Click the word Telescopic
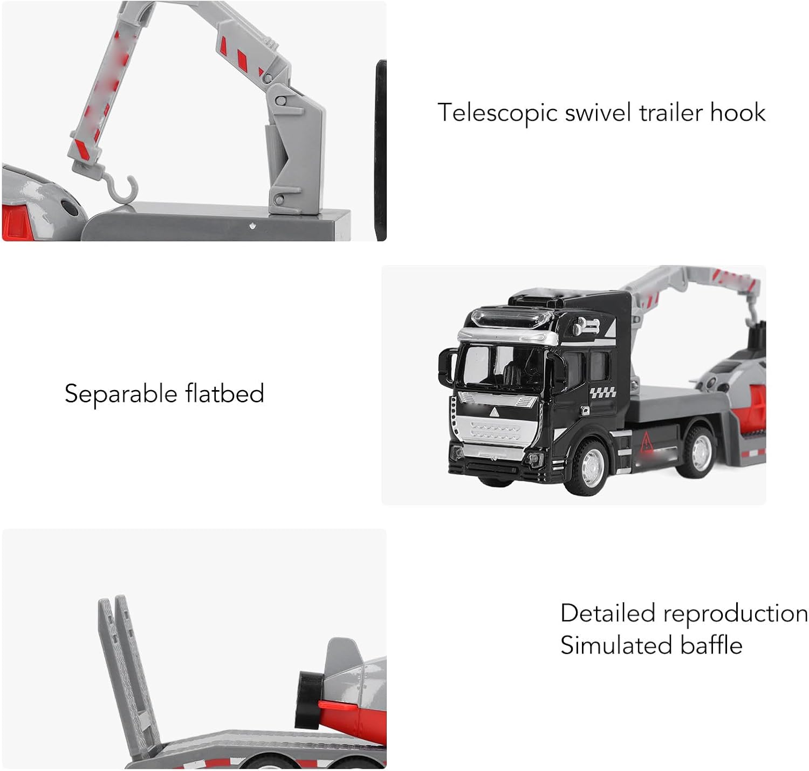point(497,113)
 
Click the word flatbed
point(225,393)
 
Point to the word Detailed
point(608,613)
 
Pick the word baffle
point(711,644)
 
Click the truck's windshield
point(500,365)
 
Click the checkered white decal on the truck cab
point(603,392)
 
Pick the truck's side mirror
point(446,367)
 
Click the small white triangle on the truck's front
point(493,412)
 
